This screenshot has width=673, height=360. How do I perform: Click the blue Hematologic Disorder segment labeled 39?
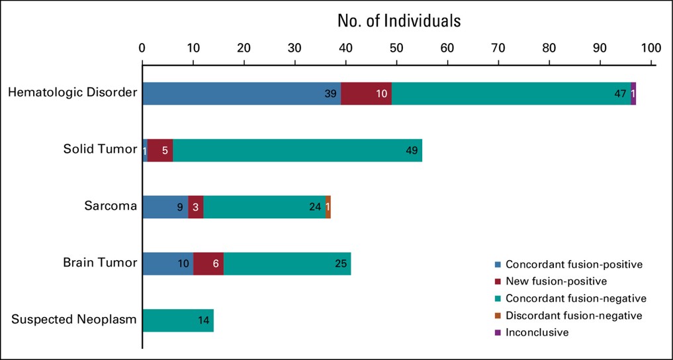coord(242,93)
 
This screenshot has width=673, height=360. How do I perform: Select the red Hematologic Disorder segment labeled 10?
coord(366,93)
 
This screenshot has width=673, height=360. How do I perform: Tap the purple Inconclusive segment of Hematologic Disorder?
coord(633,93)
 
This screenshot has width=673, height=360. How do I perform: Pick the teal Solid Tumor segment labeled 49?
coord(297,150)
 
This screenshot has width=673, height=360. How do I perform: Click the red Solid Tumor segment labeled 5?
coord(160,150)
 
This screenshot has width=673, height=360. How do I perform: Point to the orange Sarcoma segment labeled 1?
coord(328,206)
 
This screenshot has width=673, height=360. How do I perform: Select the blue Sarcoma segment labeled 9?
coord(165,206)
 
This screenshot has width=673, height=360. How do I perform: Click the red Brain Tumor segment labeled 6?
coord(208,263)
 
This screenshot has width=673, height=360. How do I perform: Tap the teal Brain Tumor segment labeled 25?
coord(287,263)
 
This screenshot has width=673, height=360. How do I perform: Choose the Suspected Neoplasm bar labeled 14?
coord(178,320)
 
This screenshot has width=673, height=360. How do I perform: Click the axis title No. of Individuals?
coord(399,21)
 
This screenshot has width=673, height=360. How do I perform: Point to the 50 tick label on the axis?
coord(396,48)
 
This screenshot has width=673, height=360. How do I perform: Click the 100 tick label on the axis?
coord(651,48)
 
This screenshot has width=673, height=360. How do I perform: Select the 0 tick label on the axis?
coord(142,48)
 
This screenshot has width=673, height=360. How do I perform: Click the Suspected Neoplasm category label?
coord(74,320)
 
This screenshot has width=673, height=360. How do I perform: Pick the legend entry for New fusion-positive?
coord(555,281)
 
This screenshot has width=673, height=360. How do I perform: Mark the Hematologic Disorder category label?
coord(72,93)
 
